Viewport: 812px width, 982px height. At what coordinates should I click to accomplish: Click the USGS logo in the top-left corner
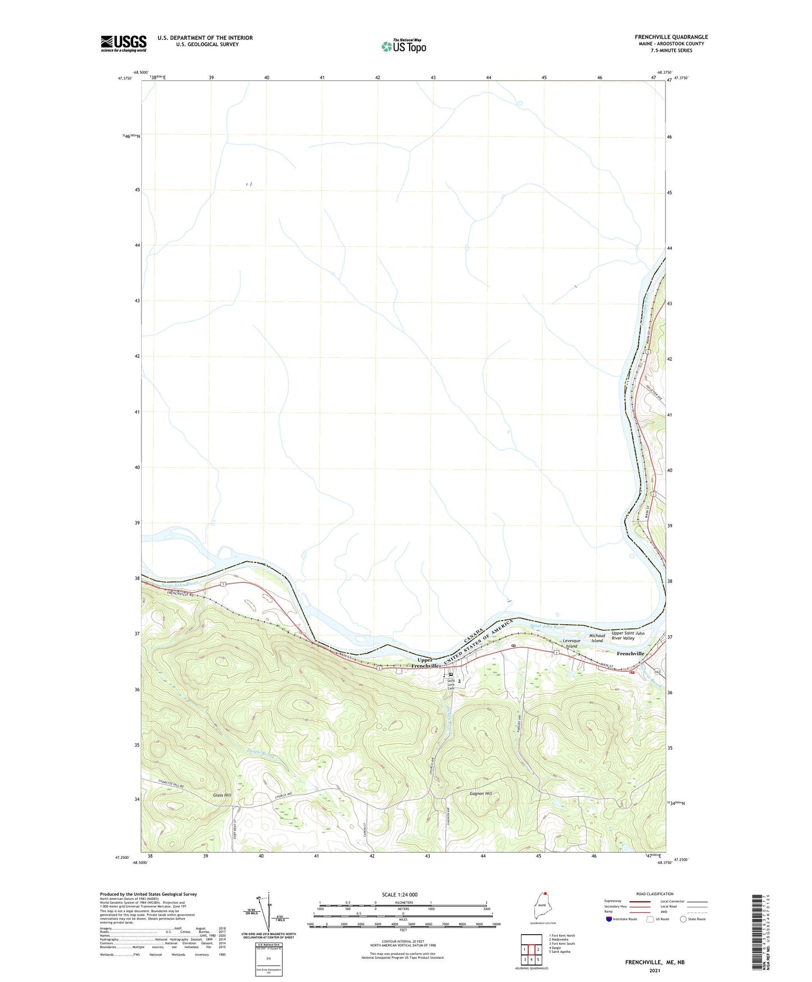point(124,43)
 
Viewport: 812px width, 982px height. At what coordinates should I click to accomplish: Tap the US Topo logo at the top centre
point(403,46)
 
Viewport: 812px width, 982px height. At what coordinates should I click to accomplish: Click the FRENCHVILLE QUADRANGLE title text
point(671,37)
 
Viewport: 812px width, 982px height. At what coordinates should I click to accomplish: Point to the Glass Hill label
point(222,795)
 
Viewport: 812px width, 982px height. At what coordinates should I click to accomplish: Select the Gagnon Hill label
point(480,794)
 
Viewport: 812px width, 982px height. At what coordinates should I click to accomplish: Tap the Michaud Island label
point(597,638)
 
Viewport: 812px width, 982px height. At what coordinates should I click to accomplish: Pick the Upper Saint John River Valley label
point(628,636)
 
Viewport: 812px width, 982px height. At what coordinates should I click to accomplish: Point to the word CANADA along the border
point(473,638)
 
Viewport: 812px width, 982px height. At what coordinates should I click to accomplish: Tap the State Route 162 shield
point(656,672)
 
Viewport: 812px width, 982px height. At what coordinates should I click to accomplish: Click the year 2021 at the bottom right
point(655,970)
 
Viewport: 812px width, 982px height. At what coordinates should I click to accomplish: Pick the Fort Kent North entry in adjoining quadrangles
point(562,936)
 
